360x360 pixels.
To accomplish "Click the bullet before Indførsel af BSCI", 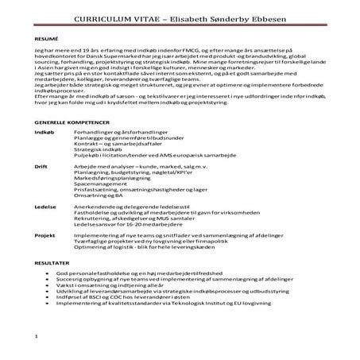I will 50,296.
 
